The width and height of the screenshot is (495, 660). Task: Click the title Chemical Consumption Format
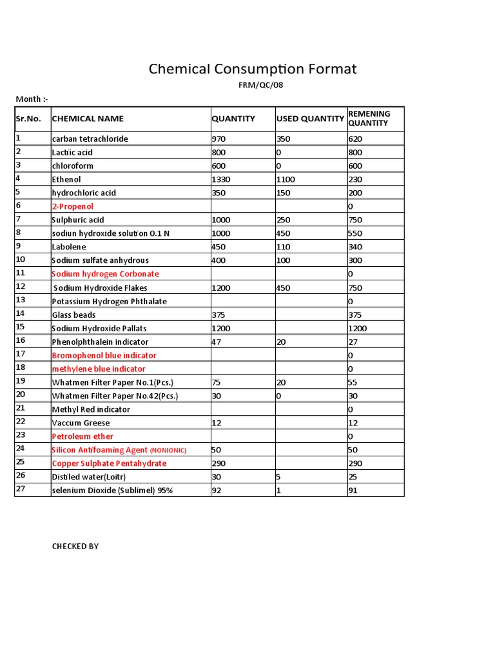coord(252,69)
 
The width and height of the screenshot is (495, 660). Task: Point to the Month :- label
coord(32,99)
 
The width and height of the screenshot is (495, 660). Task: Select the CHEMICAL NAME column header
coord(88,119)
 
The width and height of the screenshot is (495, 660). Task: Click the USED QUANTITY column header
coord(310,119)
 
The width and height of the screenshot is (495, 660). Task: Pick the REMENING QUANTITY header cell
coord(369,119)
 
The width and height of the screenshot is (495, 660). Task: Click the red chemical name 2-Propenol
coord(72,206)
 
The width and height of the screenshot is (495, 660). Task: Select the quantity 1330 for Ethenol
coord(222,179)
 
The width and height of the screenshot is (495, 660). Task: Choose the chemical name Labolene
coord(69,247)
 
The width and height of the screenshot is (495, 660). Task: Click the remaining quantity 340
coord(355,247)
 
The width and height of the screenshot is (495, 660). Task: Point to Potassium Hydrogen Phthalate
coord(109,301)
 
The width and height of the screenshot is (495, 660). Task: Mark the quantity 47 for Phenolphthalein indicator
coord(217,342)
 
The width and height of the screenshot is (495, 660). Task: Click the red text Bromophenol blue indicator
coord(104,355)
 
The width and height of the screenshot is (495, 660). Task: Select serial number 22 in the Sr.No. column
coord(20,422)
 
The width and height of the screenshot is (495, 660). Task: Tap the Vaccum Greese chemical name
coord(81,423)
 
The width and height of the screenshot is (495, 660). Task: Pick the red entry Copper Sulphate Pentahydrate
coord(109,463)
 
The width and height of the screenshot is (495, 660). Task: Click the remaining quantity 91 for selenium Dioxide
coord(353,490)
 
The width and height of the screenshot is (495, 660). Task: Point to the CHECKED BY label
coord(75,547)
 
